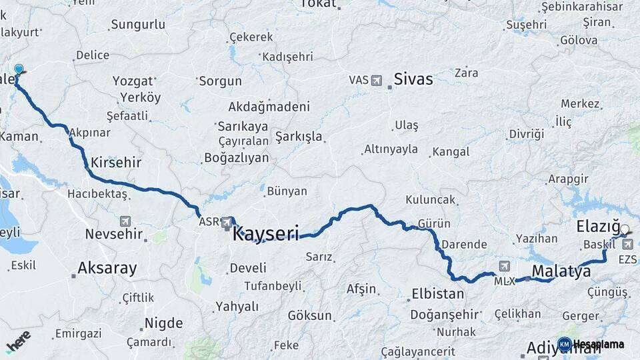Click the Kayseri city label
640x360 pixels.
(x=265, y=234)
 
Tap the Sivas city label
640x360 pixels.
(x=413, y=79)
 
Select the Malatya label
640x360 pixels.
(x=561, y=271)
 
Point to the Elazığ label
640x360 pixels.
(x=597, y=227)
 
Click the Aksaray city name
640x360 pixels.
(x=107, y=269)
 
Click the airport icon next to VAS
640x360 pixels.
(x=377, y=80)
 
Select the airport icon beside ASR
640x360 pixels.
(x=227, y=221)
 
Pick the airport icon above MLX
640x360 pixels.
(x=503, y=266)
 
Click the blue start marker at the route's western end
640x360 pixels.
(x=19, y=69)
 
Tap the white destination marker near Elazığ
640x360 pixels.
(x=625, y=230)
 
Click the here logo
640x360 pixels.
(x=19, y=341)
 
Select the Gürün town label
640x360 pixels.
(x=434, y=224)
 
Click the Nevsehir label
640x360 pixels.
(x=114, y=234)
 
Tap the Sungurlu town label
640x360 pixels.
(x=138, y=25)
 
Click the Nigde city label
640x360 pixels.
(x=164, y=323)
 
